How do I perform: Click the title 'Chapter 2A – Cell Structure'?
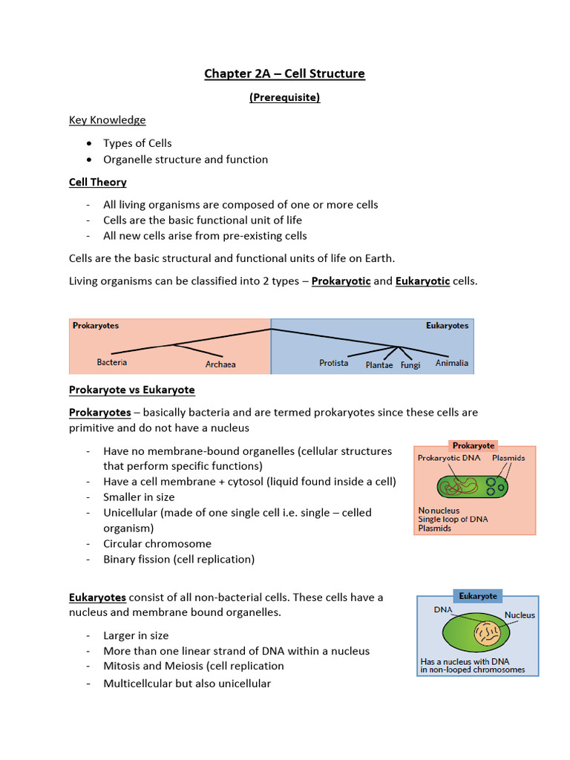[x=285, y=73]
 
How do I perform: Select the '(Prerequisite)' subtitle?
[x=285, y=96]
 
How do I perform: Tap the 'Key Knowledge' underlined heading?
[x=108, y=119]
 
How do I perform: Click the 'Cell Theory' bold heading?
[x=98, y=182]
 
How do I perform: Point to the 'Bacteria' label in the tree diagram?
[x=112, y=362]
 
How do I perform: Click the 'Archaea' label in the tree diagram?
[x=220, y=364]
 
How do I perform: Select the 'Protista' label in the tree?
[x=334, y=363]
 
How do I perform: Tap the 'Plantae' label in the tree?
[x=380, y=365]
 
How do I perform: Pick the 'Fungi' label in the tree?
[x=410, y=365]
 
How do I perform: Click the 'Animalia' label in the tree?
[x=452, y=363]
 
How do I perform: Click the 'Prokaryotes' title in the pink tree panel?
[x=96, y=325]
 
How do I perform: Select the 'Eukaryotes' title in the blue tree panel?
[x=447, y=325]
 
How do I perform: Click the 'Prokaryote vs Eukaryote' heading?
[x=132, y=390]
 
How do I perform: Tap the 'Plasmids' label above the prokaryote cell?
[x=508, y=458]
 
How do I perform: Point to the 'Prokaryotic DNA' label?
[x=449, y=458]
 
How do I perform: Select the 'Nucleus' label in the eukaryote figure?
[x=520, y=615]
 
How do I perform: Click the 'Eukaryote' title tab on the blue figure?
[x=478, y=596]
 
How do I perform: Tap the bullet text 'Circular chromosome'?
[x=157, y=543]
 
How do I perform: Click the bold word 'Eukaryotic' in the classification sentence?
[x=423, y=281]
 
